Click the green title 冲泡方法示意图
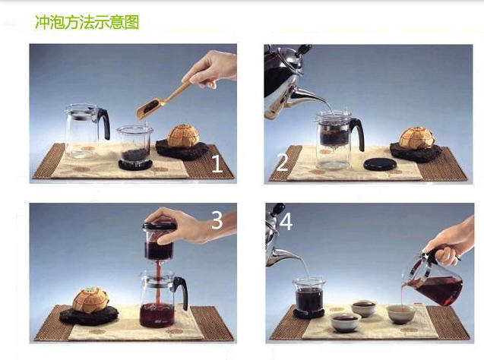click(87, 22)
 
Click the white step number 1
click(217, 163)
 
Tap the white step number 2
click(282, 163)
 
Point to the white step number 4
click(286, 222)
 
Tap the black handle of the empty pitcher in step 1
click(104, 123)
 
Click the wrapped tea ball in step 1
click(183, 136)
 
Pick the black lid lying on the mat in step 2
click(380, 164)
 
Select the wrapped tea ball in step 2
click(416, 138)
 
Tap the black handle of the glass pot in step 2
click(358, 134)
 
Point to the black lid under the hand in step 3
click(160, 226)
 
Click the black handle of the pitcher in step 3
click(182, 292)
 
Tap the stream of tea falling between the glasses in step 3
click(159, 283)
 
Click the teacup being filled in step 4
click(401, 314)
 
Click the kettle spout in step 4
click(283, 257)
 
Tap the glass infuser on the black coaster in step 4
click(309, 295)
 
